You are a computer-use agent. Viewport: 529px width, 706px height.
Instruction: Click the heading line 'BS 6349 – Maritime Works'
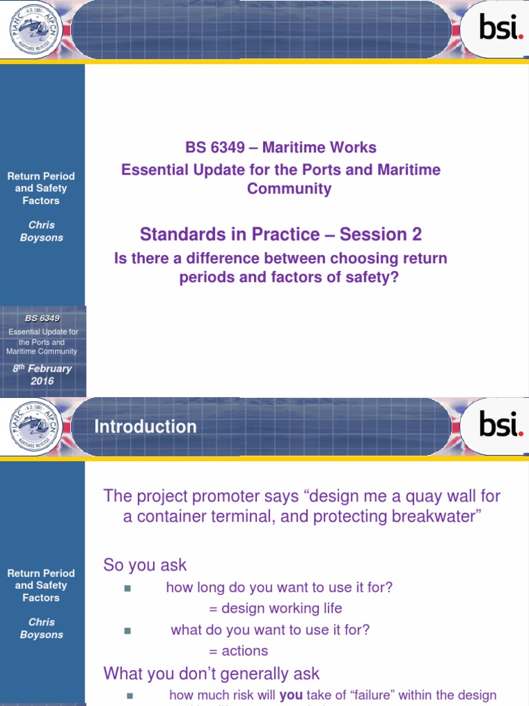click(x=281, y=148)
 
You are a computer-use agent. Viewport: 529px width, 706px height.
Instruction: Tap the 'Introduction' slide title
click(x=145, y=427)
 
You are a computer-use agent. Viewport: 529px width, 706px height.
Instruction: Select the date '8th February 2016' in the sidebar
click(x=42, y=375)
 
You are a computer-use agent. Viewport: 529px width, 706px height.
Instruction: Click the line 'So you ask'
click(x=145, y=565)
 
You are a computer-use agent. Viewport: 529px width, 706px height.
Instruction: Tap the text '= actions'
click(x=238, y=651)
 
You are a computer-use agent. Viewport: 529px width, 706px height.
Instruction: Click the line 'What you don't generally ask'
click(x=211, y=673)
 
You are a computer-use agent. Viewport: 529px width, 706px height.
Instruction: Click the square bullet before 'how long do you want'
click(x=127, y=588)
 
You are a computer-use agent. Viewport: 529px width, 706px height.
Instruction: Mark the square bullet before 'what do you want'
click(x=127, y=630)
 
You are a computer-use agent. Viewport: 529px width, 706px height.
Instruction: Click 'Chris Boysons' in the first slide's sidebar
click(x=42, y=231)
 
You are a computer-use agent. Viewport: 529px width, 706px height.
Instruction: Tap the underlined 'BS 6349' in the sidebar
click(x=42, y=319)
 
